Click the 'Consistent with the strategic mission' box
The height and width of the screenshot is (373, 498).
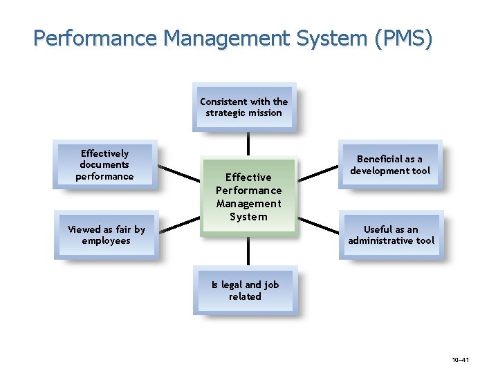point(244,107)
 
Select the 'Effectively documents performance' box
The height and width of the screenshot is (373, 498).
point(105,164)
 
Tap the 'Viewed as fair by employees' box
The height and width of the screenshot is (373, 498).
point(106,235)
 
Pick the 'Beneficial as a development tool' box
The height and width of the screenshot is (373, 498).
point(390,164)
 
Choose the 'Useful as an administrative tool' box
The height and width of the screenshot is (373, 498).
point(391,235)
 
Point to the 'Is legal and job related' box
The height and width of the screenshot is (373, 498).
point(245,291)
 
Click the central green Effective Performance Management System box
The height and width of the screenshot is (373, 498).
point(248,196)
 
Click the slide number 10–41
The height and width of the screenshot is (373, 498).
point(460,360)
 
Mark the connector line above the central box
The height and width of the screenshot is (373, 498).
point(248,143)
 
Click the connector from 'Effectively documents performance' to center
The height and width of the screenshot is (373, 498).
point(178,173)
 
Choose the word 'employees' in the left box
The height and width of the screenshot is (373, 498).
point(106,241)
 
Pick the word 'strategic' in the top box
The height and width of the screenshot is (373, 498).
point(226,113)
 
